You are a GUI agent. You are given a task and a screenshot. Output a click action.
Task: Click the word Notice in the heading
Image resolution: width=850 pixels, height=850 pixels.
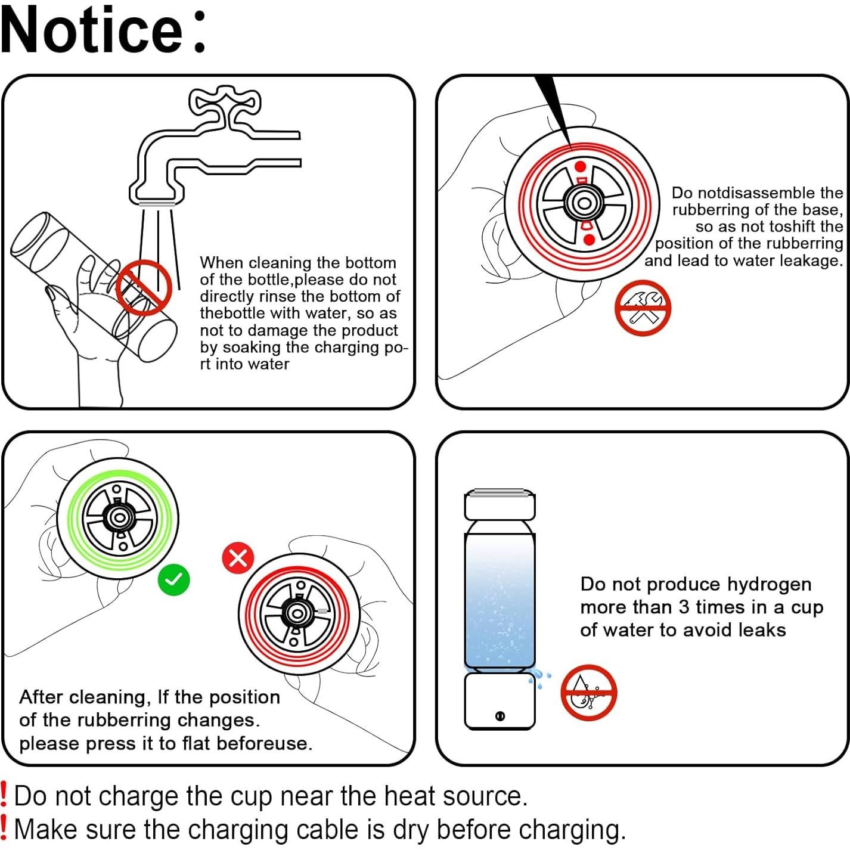(92, 30)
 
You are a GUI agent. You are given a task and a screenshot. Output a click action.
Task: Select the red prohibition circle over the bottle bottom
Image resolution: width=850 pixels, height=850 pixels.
(144, 287)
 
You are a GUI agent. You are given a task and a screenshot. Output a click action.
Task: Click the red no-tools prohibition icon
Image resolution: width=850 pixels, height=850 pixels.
(643, 308)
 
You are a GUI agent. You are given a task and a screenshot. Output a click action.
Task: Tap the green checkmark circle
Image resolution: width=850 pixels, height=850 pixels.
(174, 579)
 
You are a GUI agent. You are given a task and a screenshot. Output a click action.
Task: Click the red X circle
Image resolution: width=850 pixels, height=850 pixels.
(238, 559)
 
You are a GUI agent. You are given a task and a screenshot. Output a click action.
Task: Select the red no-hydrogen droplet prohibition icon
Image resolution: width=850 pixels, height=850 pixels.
(588, 692)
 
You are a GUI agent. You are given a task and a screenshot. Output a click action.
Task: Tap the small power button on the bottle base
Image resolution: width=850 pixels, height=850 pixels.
(500, 715)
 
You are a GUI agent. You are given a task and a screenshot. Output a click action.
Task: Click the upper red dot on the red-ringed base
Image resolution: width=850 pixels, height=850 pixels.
(581, 166)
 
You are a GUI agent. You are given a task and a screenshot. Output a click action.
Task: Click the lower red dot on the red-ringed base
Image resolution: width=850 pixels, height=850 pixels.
(588, 240)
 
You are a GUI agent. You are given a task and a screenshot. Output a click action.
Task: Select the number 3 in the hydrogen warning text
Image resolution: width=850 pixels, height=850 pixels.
(684, 607)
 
